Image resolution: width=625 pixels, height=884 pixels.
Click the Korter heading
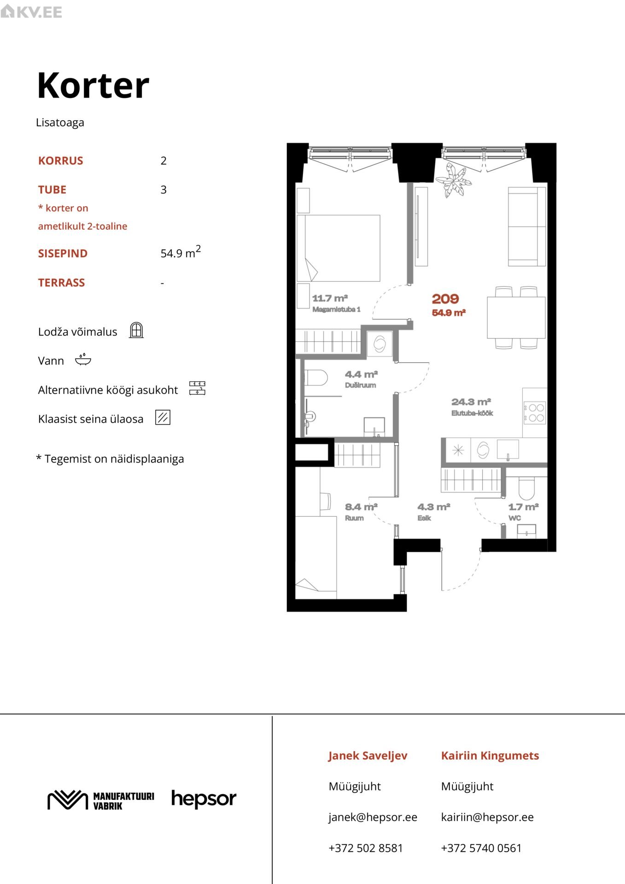tap(93, 86)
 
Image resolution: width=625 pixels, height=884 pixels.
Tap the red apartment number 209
tap(445, 299)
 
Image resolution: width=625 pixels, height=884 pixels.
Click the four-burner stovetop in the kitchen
tap(534, 413)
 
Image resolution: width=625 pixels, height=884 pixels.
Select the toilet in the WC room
tap(526, 487)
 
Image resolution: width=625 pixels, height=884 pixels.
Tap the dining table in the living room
tap(516, 317)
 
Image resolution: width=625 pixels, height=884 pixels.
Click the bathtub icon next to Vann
tap(83, 360)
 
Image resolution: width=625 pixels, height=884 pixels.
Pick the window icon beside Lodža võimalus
tap(136, 330)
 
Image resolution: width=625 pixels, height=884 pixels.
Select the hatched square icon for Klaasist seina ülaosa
tap(163, 417)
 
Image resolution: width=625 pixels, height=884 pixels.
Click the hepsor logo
tap(204, 799)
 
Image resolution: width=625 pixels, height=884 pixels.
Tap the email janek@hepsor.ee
tap(373, 817)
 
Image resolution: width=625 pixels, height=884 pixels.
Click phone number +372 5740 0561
tap(481, 848)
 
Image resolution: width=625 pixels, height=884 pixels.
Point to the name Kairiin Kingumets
tap(490, 756)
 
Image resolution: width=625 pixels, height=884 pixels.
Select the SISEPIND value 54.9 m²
tap(181, 252)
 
